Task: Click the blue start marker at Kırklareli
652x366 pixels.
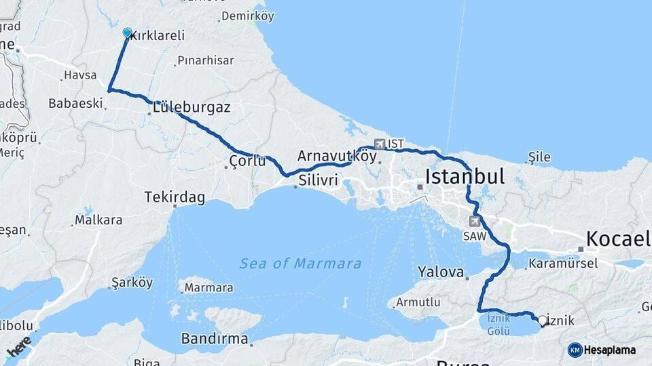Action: tap(127, 33)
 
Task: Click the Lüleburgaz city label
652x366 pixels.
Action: tap(192, 108)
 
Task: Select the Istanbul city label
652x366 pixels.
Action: tap(465, 178)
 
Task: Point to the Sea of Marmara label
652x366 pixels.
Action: tap(300, 264)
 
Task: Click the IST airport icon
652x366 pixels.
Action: tap(379, 144)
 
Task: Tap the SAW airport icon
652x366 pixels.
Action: tap(475, 221)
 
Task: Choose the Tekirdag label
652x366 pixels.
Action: tap(175, 197)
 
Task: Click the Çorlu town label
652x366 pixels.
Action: tap(247, 162)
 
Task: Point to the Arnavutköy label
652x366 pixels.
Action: tap(337, 156)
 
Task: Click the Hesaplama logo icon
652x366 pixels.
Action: tap(575, 350)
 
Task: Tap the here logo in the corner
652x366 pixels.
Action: tap(18, 347)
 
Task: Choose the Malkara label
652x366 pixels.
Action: tap(98, 220)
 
